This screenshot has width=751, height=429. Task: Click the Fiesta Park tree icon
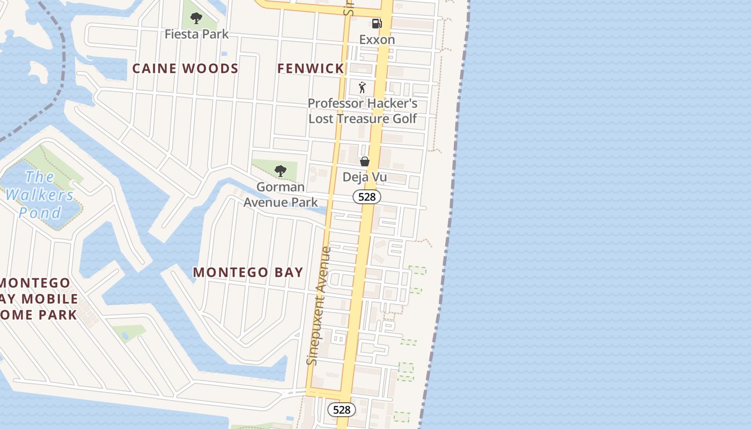[196, 18]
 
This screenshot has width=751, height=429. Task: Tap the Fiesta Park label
[196, 34]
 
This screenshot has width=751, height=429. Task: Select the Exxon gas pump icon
[377, 23]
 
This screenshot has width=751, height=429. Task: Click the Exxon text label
[377, 40]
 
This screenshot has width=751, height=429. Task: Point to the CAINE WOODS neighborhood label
[185, 69]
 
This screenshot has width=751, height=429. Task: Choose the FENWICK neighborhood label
[311, 69]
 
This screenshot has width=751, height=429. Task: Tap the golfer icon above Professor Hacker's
[363, 87]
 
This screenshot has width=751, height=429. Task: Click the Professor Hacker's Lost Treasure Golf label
[363, 111]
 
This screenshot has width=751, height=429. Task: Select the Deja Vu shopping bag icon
[365, 161]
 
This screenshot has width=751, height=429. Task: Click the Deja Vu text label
[365, 177]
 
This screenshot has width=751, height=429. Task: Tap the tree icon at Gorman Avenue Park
[279, 171]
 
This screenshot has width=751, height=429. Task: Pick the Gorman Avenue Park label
[281, 195]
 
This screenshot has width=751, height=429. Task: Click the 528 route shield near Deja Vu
[367, 197]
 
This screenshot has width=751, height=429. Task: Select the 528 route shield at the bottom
[341, 410]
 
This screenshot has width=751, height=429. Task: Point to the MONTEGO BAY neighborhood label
[248, 272]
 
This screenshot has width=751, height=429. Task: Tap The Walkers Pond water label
[40, 195]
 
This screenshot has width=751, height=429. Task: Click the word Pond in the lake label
[40, 213]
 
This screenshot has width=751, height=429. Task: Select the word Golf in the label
[404, 119]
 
